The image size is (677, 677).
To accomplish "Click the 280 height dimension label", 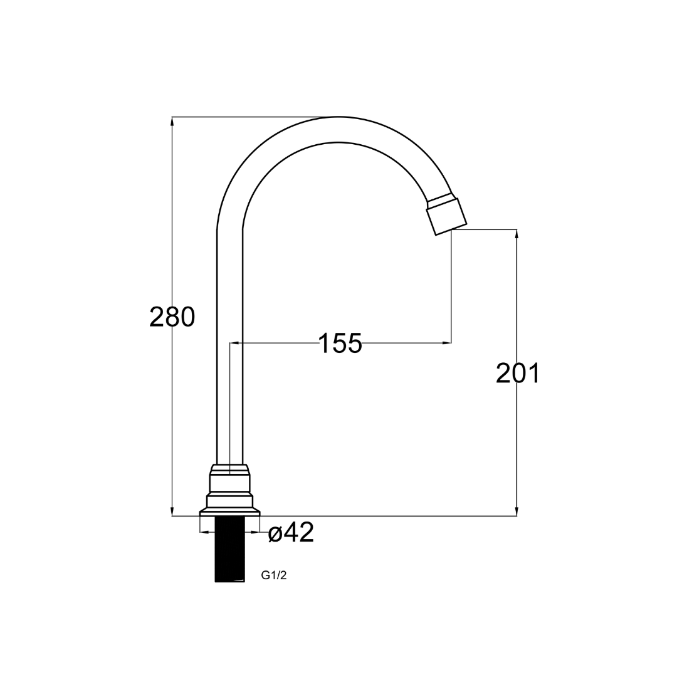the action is coord(172,317).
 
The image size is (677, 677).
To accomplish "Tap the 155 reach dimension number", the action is coord(340,344).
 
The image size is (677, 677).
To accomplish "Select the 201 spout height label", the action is coord(518,373).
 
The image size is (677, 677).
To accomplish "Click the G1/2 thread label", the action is coord(274,575).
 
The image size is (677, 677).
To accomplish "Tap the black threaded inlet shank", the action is coord(229,549).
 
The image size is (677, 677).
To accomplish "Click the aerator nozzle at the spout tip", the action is coord(446,215).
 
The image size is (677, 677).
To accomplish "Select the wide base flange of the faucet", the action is coord(229,512).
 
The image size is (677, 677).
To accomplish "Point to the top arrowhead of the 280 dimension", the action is coord(172,121).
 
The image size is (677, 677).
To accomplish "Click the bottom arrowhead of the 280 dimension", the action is coord(172,512).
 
